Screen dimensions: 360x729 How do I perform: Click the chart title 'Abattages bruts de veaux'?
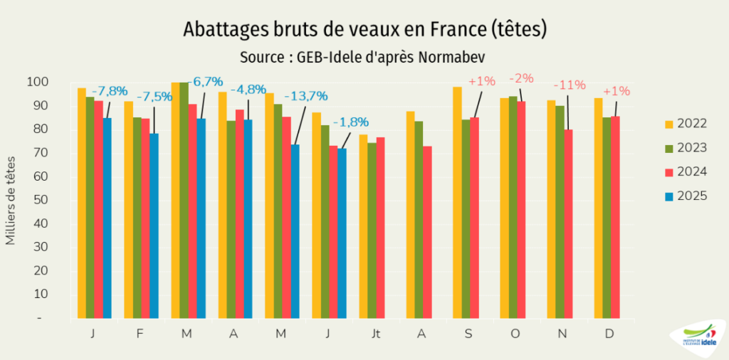point(364,29)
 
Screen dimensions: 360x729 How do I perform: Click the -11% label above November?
point(570,85)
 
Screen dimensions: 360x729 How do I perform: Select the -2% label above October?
point(521,78)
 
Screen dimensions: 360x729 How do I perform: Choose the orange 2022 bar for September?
point(457,203)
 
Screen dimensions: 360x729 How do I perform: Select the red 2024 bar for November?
point(568,223)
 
